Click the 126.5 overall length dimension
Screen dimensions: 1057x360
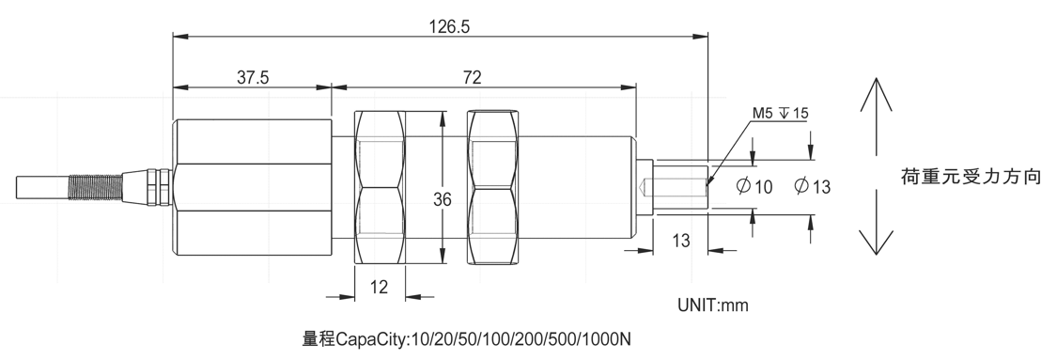tap(449, 26)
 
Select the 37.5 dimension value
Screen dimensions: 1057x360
tap(253, 77)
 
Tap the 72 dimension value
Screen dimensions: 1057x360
tap(473, 77)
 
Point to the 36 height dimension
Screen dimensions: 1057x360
tap(443, 199)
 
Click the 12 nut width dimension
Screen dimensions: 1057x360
tap(380, 288)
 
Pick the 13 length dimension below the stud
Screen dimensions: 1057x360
tap(681, 240)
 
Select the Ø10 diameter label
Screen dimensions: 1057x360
tap(754, 187)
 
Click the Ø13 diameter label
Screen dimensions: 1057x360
tap(813, 187)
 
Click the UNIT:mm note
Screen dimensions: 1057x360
tap(713, 305)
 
